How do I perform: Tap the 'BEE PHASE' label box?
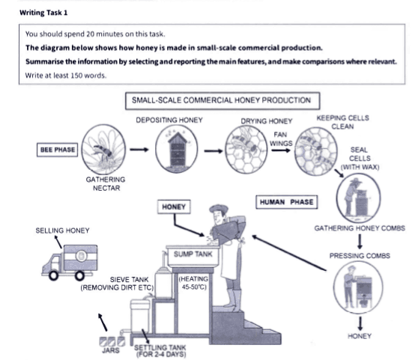57,150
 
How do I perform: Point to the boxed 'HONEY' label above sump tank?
174,205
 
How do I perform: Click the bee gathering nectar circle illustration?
103,148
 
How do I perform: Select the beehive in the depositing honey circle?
178,150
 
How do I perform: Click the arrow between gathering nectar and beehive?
139,150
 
